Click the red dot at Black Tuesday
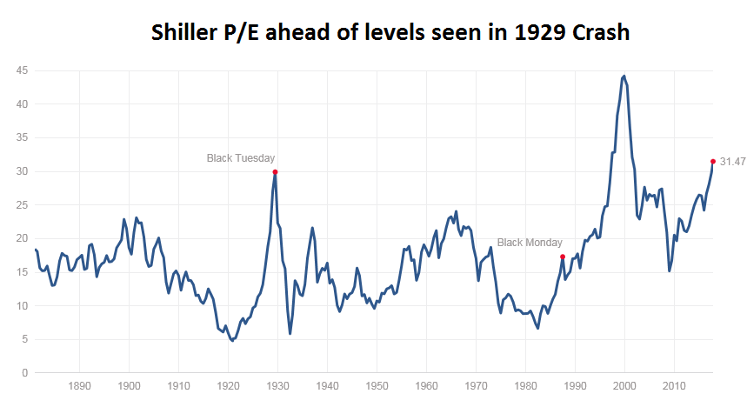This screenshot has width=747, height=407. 275,172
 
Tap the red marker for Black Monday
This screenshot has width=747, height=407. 563,257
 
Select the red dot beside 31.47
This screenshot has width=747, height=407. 713,161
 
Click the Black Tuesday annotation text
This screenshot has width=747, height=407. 241,158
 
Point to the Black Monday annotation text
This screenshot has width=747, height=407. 530,243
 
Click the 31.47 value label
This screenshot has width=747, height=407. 733,162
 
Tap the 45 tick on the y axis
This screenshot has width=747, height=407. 18,70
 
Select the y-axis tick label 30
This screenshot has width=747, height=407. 18,171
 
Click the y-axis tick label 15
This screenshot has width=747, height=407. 18,272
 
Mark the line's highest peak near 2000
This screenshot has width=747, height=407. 624,76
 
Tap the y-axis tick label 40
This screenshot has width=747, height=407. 18,104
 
